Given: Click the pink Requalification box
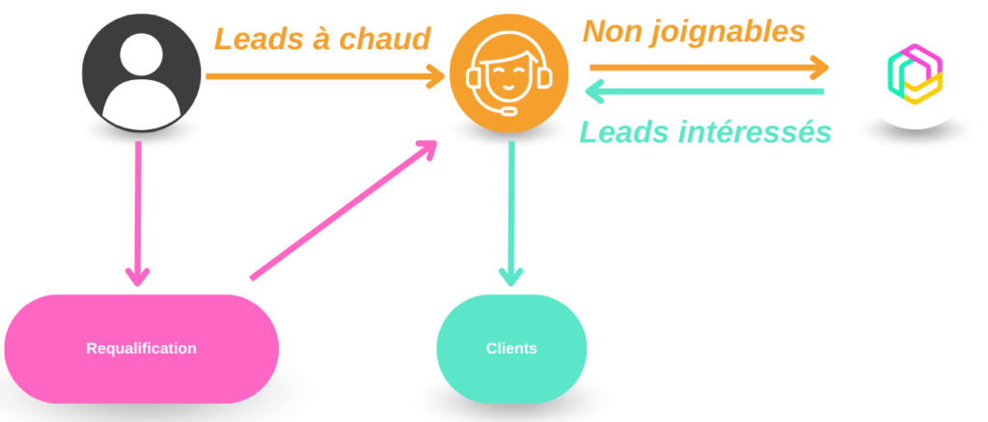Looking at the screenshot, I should click(x=141, y=349).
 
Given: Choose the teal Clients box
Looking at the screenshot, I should click(x=511, y=349).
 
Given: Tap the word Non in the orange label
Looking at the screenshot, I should click(x=612, y=32).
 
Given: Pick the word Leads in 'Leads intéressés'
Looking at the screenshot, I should click(x=623, y=131).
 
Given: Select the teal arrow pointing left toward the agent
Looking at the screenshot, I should click(x=705, y=92).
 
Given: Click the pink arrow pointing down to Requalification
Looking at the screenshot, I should click(x=138, y=212).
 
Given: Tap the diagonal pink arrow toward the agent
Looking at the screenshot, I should click(x=343, y=210).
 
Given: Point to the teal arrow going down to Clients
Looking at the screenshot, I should click(x=511, y=212).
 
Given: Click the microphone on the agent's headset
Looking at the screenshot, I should click(x=507, y=108).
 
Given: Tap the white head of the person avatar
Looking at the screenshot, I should click(x=141, y=55).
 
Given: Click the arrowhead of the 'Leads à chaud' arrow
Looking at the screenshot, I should click(x=435, y=75).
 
